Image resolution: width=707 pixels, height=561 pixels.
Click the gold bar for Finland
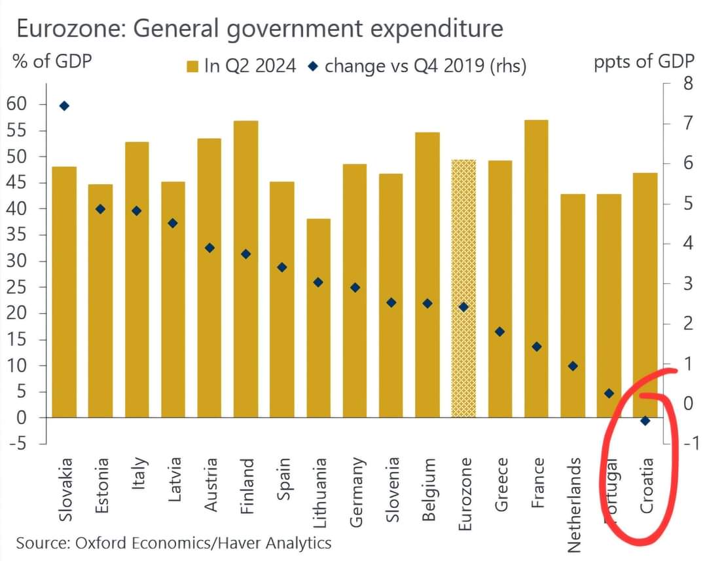pyautogui.click(x=245, y=269)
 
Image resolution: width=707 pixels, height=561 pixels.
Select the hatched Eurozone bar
pyautogui.click(x=463, y=288)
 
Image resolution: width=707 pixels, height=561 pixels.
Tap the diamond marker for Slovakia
pyautogui.click(x=64, y=106)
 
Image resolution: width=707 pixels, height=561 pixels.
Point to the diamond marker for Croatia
pyautogui.click(x=645, y=421)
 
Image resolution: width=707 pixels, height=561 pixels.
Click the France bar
pyautogui.click(x=536, y=269)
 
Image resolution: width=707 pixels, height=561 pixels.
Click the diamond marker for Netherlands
pyautogui.click(x=573, y=366)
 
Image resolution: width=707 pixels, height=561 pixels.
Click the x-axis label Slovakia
pyautogui.click(x=65, y=490)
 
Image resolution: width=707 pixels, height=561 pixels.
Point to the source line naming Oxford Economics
pyautogui.click(x=173, y=543)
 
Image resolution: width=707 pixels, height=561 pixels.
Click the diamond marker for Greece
pyautogui.click(x=500, y=332)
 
